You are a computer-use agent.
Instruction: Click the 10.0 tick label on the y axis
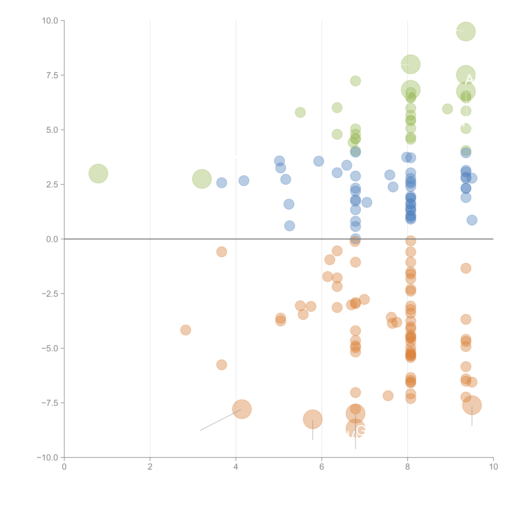click(50, 21)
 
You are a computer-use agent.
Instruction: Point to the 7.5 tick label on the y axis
click(52, 75)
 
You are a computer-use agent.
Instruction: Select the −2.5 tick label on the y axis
click(50, 294)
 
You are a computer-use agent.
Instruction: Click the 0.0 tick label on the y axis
click(52, 239)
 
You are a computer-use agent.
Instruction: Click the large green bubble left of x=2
click(98, 173)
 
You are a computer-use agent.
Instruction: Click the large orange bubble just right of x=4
click(242, 409)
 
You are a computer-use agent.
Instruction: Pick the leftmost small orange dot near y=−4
click(185, 330)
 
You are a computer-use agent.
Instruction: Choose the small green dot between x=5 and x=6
click(300, 112)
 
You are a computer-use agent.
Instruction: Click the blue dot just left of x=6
click(318, 161)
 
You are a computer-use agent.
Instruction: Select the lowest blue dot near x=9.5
click(472, 220)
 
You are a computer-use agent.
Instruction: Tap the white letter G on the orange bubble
click(361, 430)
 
